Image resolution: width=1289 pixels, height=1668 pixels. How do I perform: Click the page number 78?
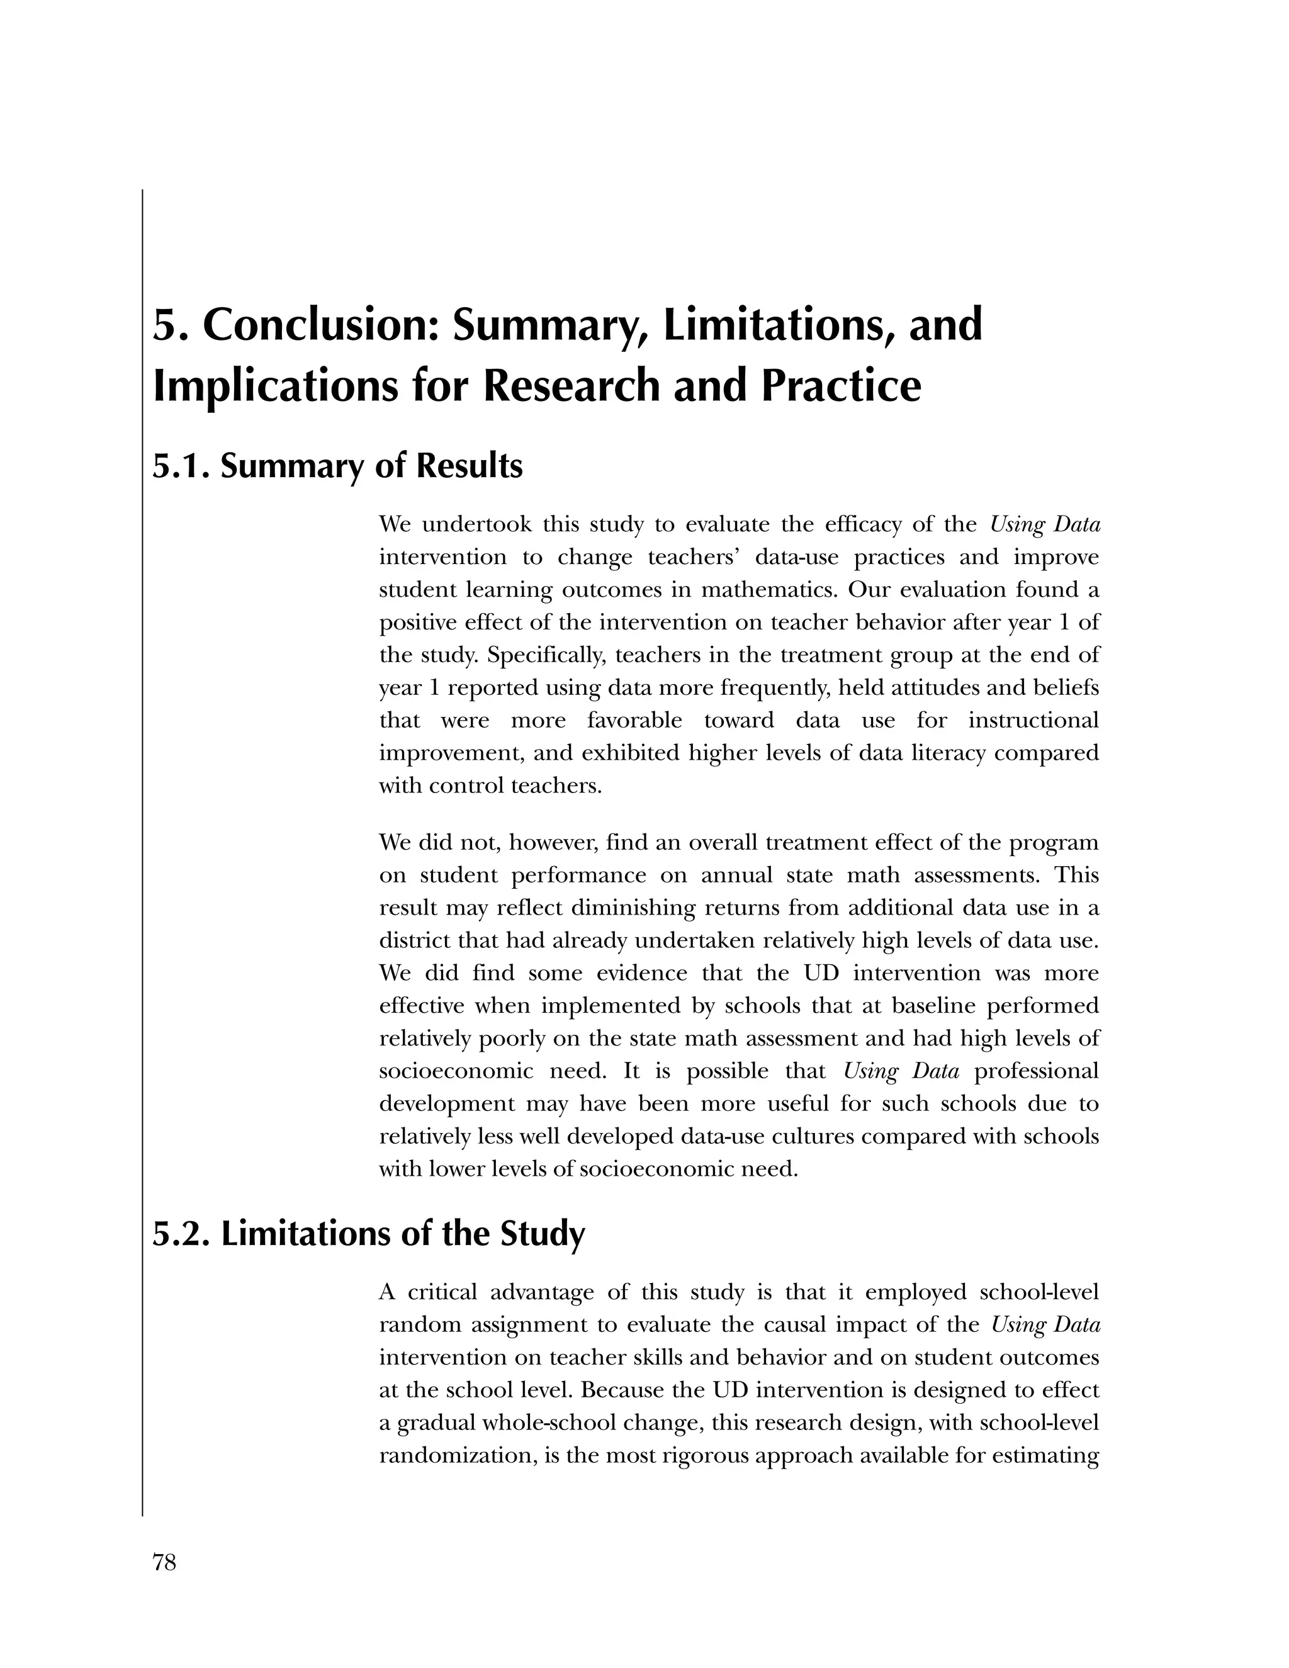[164, 1563]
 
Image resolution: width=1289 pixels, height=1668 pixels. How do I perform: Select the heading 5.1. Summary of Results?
[337, 466]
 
